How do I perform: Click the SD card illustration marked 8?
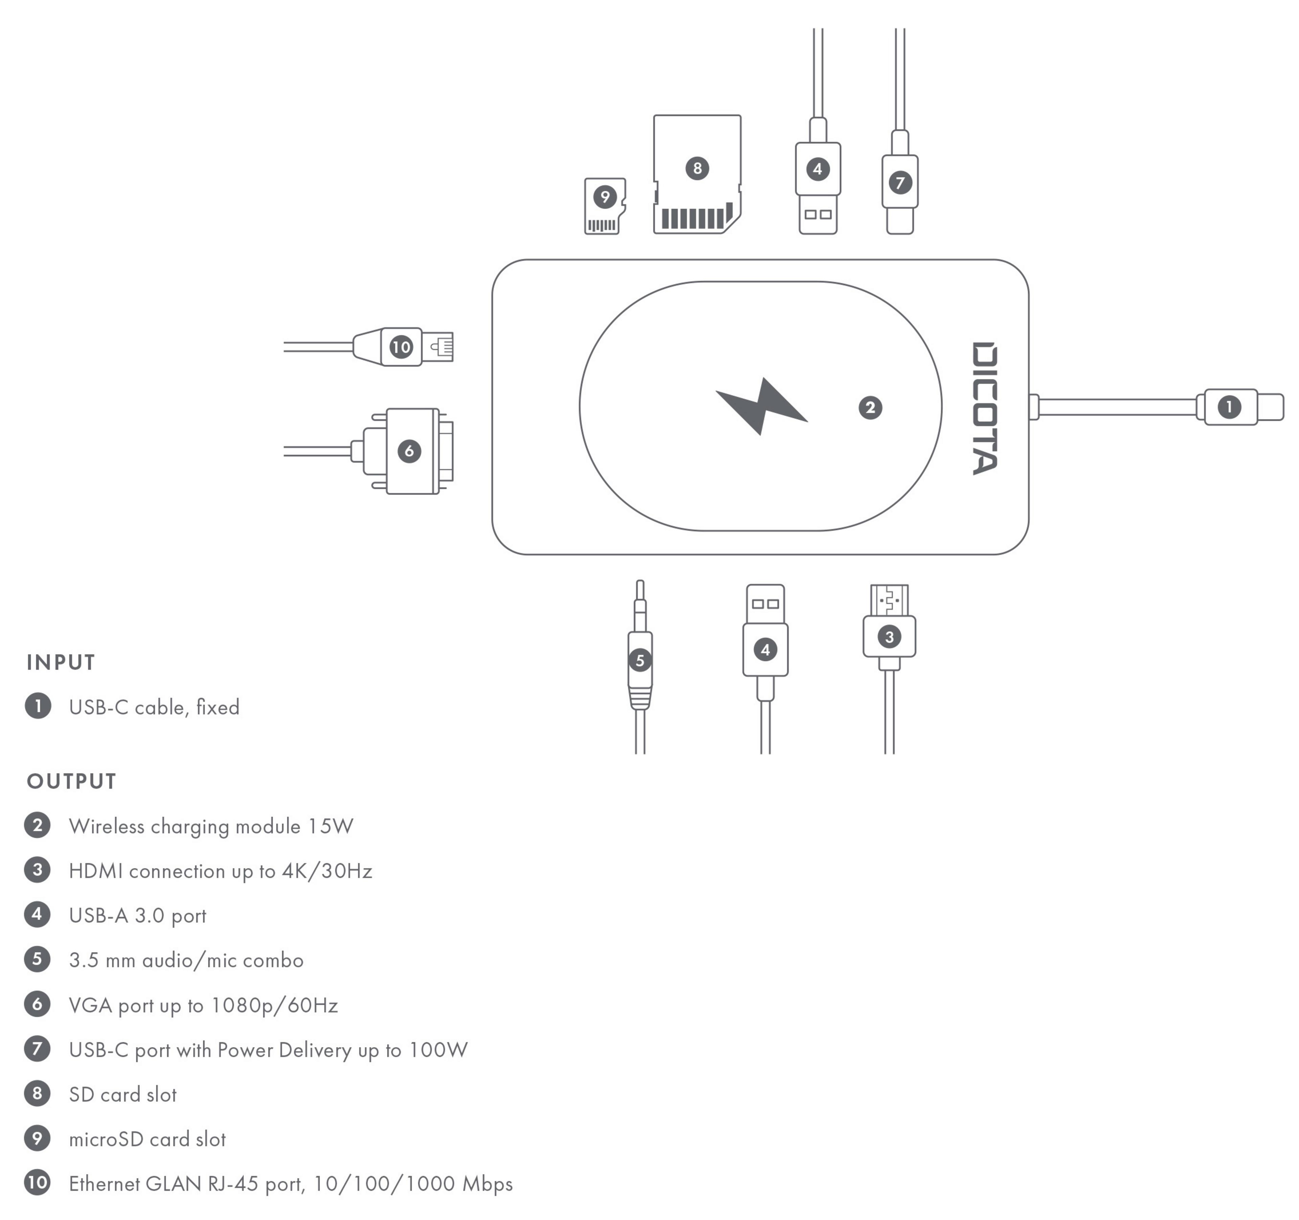point(697,174)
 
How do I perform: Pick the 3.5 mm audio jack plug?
point(640,660)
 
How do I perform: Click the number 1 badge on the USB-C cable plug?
point(1229,407)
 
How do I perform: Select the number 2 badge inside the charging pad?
point(870,408)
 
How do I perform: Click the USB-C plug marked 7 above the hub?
point(900,183)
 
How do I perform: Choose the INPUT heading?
point(61,663)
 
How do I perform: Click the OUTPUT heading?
point(71,782)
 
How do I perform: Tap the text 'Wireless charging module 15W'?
point(211,827)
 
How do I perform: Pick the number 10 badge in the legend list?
point(37,1183)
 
